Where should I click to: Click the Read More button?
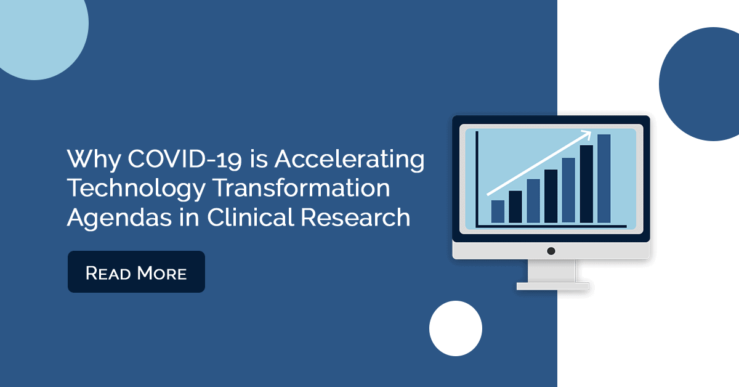coord(136,272)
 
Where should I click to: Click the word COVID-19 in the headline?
coord(185,159)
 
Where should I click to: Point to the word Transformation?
coord(301,187)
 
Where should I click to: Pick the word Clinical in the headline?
coord(251,217)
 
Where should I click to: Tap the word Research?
coord(355,217)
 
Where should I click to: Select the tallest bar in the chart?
coord(604,179)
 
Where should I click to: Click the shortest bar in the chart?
coord(498,211)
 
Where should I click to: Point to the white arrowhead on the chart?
coord(586,134)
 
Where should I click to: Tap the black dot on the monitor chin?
coord(551,251)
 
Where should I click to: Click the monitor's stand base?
coord(552,286)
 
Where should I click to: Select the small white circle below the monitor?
coord(456,328)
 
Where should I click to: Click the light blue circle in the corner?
coord(39,33)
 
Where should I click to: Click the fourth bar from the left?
coord(551,196)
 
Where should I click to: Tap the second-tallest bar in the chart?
coord(586,184)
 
